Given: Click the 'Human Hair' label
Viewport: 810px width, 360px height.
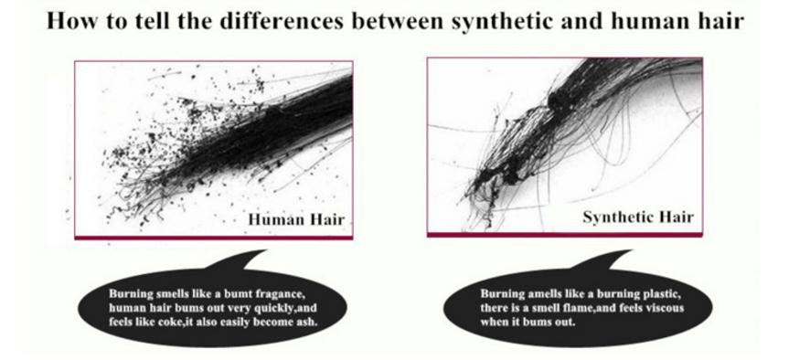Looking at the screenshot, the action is click(x=296, y=219).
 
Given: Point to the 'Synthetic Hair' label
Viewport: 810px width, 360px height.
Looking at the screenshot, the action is click(x=638, y=217).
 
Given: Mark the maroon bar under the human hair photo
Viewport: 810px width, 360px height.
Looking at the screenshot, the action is click(x=213, y=238).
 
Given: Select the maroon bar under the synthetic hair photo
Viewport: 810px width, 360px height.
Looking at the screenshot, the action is click(x=565, y=235).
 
